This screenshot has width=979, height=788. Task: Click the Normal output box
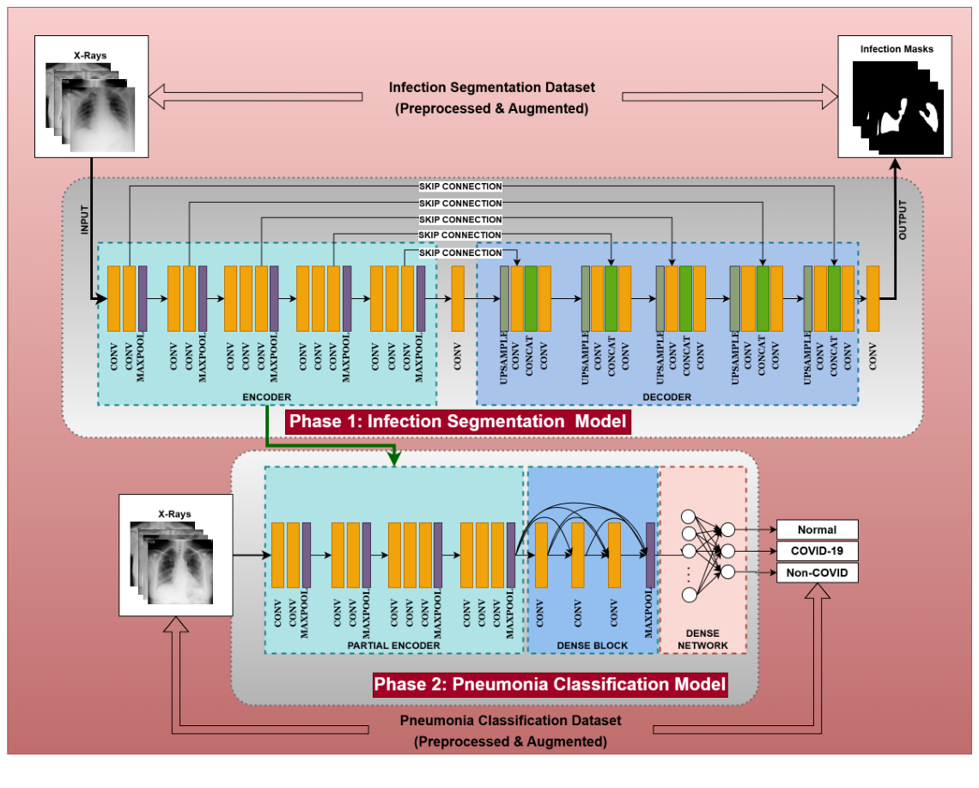[817, 530]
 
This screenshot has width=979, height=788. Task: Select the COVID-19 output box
[817, 551]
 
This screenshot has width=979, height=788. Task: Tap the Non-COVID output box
[817, 572]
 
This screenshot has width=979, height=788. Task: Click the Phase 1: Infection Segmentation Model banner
[458, 422]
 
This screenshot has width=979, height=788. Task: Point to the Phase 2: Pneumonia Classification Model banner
[550, 685]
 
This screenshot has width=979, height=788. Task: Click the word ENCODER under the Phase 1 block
[267, 397]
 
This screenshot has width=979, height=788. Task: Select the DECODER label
[666, 397]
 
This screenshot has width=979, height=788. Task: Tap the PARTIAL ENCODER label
[393, 645]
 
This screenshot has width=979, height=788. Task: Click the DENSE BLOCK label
[593, 645]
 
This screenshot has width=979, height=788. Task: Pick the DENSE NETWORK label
[702, 639]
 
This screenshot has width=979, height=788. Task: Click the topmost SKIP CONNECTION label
[460, 186]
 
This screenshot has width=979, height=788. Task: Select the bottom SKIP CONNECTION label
[460, 253]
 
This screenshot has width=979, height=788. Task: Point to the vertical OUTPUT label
[902, 221]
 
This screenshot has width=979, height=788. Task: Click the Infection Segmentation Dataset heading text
[491, 88]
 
